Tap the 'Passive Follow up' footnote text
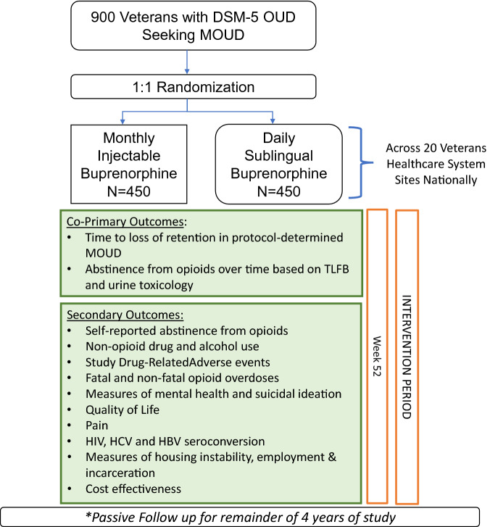point(246,518)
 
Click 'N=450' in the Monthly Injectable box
point(137,190)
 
